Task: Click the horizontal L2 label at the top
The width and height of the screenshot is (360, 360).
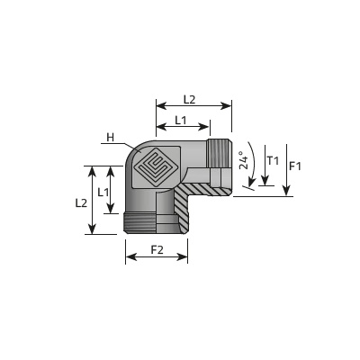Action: [x=189, y=99]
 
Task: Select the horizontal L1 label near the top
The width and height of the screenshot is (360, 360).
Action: [x=181, y=121]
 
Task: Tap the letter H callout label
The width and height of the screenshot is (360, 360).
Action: [x=111, y=138]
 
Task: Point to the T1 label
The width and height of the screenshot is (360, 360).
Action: [x=273, y=161]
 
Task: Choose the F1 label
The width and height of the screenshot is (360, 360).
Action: [x=295, y=166]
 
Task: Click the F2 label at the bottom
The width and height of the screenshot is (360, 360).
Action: [x=157, y=250]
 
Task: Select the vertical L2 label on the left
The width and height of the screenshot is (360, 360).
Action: [x=81, y=203]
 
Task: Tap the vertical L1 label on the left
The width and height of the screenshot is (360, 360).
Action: [x=103, y=192]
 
